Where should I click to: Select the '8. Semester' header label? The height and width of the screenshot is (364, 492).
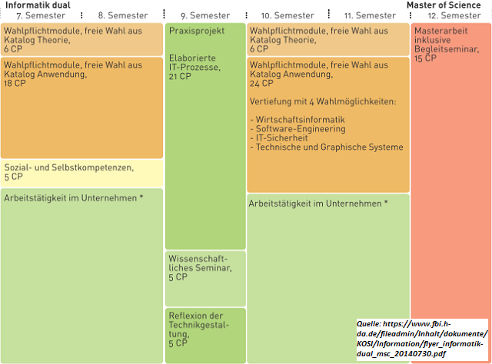tap(124, 15)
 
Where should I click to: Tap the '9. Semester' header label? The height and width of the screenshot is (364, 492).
tap(205, 15)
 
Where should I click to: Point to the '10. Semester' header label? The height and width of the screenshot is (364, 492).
tap(287, 15)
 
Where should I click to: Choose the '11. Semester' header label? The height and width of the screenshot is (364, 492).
tap(370, 15)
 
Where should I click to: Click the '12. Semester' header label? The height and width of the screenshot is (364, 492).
tap(454, 15)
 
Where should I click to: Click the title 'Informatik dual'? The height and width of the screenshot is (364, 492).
tap(38, 5)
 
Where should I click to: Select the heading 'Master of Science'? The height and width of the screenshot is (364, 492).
tap(444, 5)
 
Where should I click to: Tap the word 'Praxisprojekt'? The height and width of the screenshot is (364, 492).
tap(197, 31)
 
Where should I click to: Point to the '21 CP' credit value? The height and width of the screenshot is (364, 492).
tap(180, 76)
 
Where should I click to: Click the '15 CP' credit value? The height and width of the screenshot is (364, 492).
tap(425, 58)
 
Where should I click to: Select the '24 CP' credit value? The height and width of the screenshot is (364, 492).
tap(261, 84)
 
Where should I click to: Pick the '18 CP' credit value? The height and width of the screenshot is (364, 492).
tap(15, 84)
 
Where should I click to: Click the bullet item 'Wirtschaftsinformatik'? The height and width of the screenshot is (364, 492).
tap(301, 120)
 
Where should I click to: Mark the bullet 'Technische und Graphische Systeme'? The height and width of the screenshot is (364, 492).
tap(329, 147)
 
